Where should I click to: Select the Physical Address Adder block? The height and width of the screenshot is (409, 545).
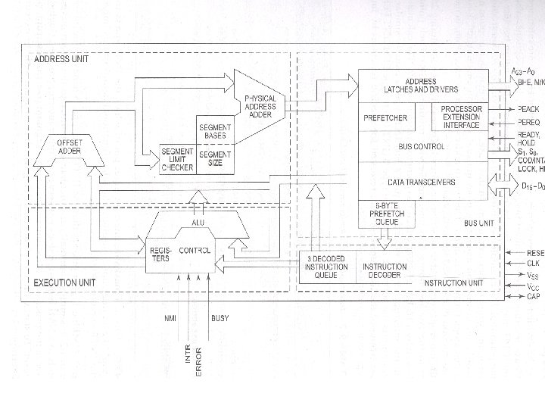coord(260,106)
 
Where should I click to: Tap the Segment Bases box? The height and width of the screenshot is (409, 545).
coord(214,131)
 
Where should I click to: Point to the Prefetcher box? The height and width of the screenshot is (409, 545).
coord(386,118)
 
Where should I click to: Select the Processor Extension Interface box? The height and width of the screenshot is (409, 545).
coord(461,117)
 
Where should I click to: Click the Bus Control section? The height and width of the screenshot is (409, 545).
coord(425,146)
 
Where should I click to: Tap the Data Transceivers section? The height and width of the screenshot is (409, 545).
coord(422,183)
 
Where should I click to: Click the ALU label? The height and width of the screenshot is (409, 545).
coord(198,223)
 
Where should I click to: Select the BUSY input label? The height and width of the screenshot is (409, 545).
coord(220,318)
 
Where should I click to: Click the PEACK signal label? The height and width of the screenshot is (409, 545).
coord(528,110)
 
